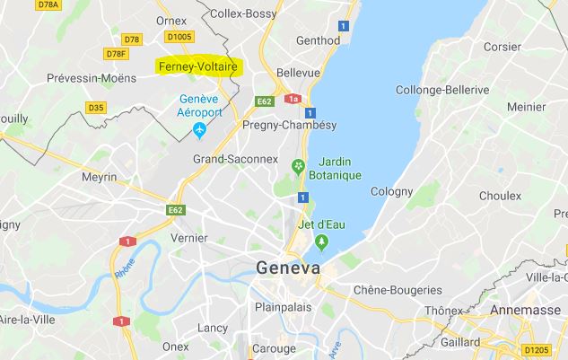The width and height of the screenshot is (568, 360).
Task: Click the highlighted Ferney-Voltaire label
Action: (197, 67)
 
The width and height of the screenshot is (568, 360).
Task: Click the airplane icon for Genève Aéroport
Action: (199, 131)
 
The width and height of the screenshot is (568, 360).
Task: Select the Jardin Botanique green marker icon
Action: (299, 166)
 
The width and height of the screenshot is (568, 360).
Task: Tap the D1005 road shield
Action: (179, 37)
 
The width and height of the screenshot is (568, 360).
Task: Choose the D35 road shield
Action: (96, 108)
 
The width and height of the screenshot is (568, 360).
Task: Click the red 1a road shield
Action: (292, 99)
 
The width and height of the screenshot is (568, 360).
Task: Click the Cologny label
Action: (392, 191)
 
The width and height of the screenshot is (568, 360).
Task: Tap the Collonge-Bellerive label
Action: (442, 91)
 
